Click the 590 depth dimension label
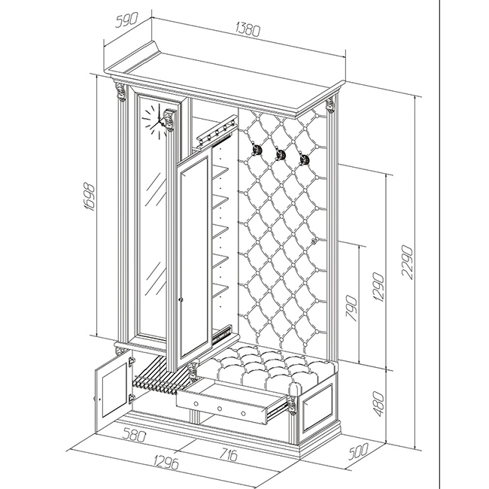pos(126,20)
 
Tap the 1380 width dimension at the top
pos(248,29)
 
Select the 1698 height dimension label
pos(90,197)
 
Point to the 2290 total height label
pos(407,262)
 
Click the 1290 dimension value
pos(378,287)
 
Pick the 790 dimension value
pos(351,308)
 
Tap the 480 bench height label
pos(378,404)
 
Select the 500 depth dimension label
pos(358,451)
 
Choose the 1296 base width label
pos(166,462)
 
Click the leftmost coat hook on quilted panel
pos(257,150)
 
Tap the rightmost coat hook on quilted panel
pos(305,159)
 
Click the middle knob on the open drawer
pos(220,409)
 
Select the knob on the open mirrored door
pos(181,299)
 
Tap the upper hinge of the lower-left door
pos(132,362)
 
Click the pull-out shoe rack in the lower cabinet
pos(159,378)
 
